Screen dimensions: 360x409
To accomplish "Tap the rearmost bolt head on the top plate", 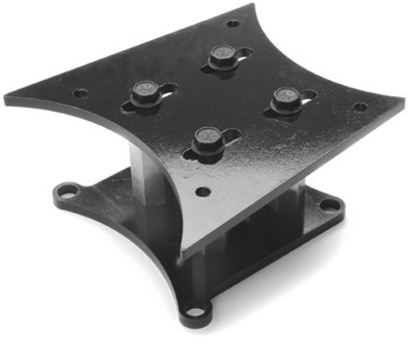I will [222, 53].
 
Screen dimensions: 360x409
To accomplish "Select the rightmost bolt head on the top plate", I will [286, 96].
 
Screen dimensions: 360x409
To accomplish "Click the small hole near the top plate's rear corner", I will [233, 24].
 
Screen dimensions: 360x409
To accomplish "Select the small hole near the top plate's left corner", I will [81, 94].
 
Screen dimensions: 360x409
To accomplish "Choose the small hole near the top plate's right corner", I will [360, 107].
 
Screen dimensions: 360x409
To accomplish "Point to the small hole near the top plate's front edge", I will [203, 192].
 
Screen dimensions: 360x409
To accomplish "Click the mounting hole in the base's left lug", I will [66, 191].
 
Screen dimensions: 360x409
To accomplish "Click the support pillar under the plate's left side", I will [146, 174].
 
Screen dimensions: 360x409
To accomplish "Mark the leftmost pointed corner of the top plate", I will [6, 98].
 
